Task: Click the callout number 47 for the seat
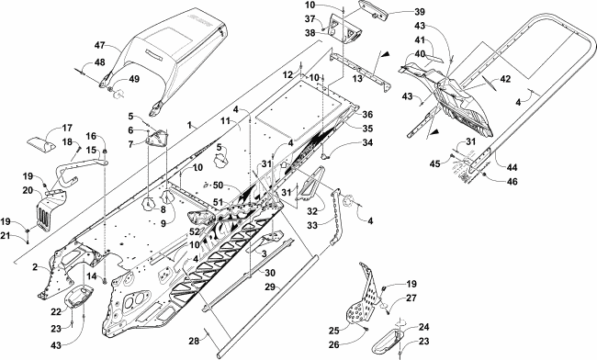click(x=100, y=46)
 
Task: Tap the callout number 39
click(x=420, y=12)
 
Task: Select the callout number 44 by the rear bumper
click(x=513, y=167)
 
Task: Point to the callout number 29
click(x=270, y=287)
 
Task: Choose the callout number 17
click(x=67, y=128)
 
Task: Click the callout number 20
click(x=28, y=190)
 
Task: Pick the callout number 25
click(x=334, y=331)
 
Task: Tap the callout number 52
click(x=195, y=231)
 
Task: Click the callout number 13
click(x=357, y=79)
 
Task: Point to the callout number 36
click(x=367, y=114)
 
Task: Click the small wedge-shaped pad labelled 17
click(x=40, y=144)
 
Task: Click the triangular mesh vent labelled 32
click(x=306, y=184)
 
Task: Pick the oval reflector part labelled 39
click(x=373, y=9)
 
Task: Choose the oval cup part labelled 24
click(x=387, y=340)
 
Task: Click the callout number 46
click(x=513, y=182)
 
